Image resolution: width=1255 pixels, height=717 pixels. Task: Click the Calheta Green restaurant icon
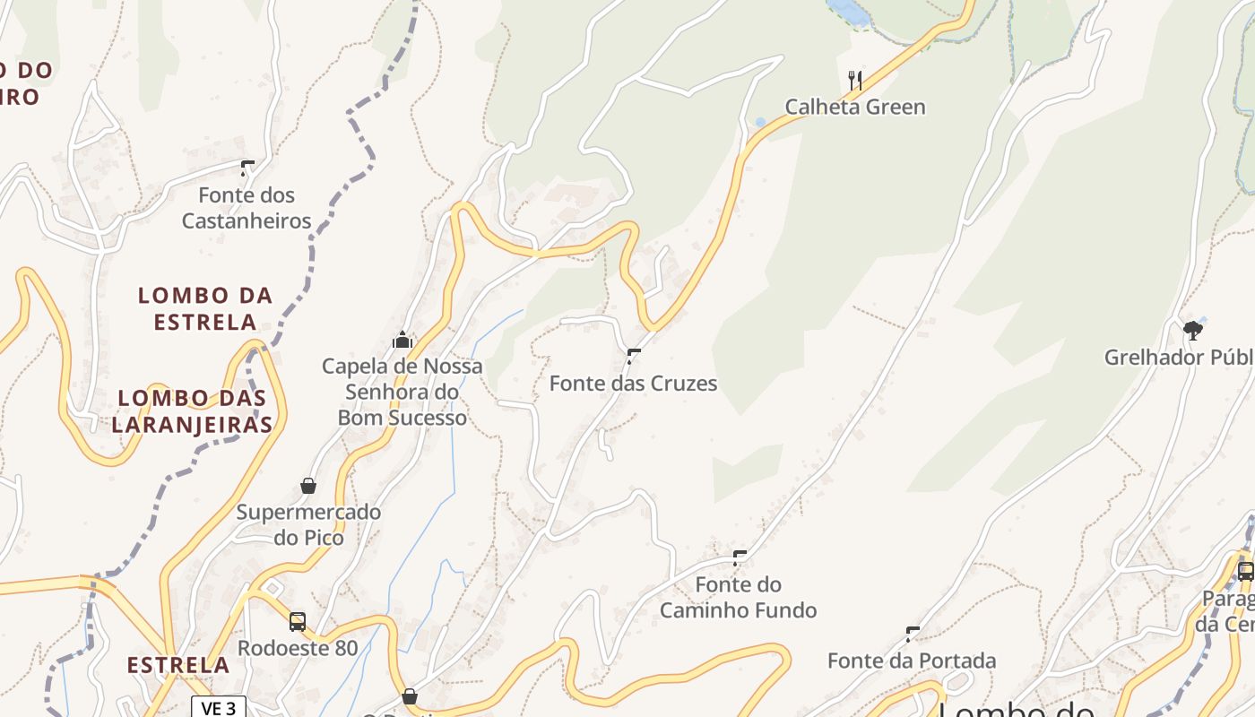click(855, 81)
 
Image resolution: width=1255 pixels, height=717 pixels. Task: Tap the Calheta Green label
click(855, 108)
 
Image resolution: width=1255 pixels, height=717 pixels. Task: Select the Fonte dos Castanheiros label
click(247, 208)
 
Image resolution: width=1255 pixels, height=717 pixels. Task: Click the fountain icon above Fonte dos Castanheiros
click(247, 168)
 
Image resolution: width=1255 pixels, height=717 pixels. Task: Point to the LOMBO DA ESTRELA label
click(205, 308)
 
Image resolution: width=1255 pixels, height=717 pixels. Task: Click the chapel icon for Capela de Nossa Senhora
click(402, 340)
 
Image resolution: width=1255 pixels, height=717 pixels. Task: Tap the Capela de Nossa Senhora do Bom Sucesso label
click(402, 392)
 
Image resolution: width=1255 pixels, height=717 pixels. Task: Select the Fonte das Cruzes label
click(633, 384)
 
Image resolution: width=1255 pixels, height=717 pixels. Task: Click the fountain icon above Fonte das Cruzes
click(635, 356)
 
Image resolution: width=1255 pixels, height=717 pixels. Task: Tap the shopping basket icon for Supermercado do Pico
click(308, 486)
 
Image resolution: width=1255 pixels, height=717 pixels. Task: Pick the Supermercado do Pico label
click(308, 525)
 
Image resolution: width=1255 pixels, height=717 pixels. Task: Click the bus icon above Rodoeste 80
click(298, 621)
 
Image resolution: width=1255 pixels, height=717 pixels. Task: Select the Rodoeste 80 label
click(298, 648)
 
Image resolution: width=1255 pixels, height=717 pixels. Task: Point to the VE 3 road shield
click(219, 708)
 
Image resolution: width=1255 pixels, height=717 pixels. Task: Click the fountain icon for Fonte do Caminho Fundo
click(740, 557)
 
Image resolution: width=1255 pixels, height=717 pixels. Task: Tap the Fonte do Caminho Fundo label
click(739, 598)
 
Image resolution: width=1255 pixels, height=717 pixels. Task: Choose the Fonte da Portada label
click(912, 661)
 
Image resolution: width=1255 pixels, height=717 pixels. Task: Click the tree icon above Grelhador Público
click(1192, 331)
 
